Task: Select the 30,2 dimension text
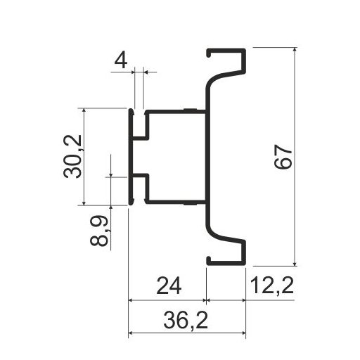click(x=73, y=155)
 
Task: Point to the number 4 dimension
click(x=121, y=60)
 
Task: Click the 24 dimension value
click(x=167, y=286)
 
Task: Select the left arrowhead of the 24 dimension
click(x=132, y=299)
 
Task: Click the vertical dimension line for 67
click(x=295, y=211)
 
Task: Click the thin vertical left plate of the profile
click(x=131, y=156)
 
